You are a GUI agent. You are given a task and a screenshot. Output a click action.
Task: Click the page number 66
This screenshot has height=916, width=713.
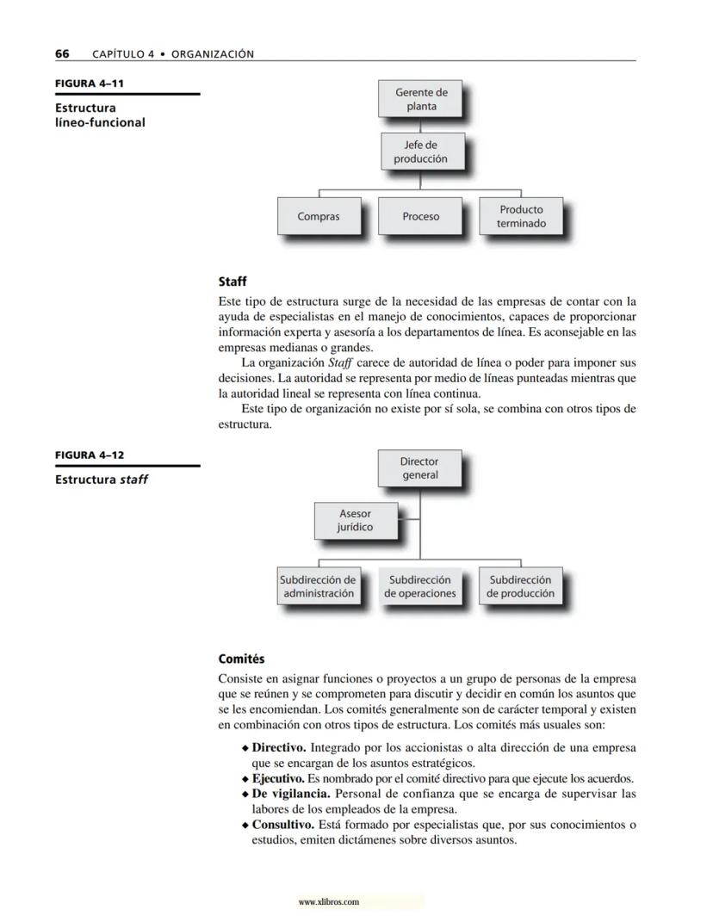pos(62,54)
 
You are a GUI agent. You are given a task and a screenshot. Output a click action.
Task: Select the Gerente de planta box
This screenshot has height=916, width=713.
pos(421,99)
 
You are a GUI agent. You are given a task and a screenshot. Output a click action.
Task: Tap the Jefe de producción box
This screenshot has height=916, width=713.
pos(420,152)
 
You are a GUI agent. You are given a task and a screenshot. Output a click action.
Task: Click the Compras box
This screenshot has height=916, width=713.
pos(319,216)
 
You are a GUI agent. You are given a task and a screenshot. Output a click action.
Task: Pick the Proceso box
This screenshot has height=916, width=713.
pos(420,216)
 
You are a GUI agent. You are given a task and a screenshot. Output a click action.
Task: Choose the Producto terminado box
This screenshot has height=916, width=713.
pos(521,216)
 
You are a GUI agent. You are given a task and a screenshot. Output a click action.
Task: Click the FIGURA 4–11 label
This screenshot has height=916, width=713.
pos(84,84)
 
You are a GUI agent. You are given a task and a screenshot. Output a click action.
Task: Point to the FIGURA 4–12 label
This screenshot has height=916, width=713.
pos(84,455)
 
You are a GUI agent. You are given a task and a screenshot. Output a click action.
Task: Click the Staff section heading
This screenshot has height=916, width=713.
pos(232,282)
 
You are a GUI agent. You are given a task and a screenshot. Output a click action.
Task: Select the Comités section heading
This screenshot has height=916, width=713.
pos(242,659)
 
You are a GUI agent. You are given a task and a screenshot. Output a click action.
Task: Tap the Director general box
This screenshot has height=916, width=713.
pos(419,468)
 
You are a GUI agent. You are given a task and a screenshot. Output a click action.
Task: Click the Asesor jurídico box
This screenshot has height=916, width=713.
pos(355,520)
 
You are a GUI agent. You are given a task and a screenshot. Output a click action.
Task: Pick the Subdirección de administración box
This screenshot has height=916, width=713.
pos(319,586)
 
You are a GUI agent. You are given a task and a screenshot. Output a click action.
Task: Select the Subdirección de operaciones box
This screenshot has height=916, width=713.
pos(420,586)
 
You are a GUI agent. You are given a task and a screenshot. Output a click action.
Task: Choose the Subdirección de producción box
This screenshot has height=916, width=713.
pos(521,586)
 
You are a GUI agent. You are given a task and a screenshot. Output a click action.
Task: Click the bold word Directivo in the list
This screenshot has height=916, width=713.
pos(279,748)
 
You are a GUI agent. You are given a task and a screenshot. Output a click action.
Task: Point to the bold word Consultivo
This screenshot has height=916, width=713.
pos(282,825)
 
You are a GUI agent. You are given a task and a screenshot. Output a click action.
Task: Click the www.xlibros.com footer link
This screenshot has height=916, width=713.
pos(328,902)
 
